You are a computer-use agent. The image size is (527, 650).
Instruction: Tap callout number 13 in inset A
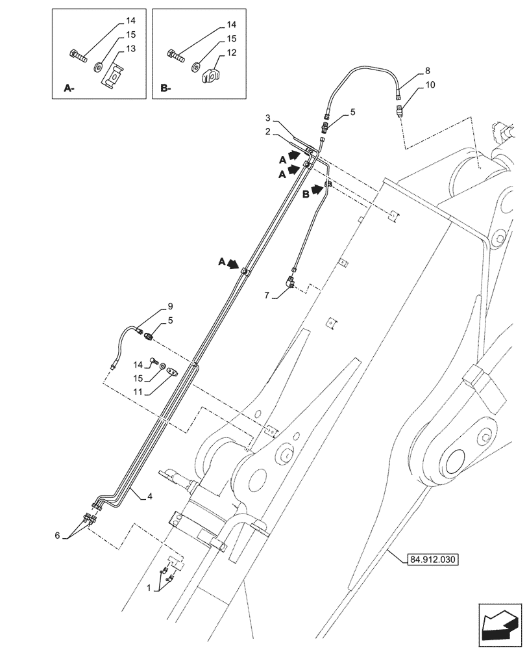(130, 49)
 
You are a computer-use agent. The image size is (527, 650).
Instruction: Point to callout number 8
(426, 70)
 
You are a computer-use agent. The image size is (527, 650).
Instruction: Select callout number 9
(170, 306)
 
